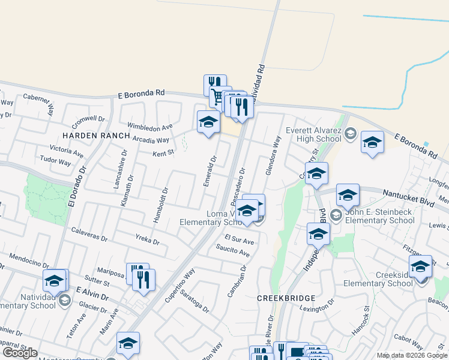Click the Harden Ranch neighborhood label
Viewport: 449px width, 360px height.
[96, 136]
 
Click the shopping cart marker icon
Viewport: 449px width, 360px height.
[217, 95]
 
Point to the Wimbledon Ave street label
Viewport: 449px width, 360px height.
[150, 127]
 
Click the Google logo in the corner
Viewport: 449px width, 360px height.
[19, 353]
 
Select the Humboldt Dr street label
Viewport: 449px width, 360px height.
[159, 205]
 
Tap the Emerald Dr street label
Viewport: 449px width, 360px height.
[209, 171]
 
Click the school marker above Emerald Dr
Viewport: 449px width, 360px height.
[208, 122]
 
